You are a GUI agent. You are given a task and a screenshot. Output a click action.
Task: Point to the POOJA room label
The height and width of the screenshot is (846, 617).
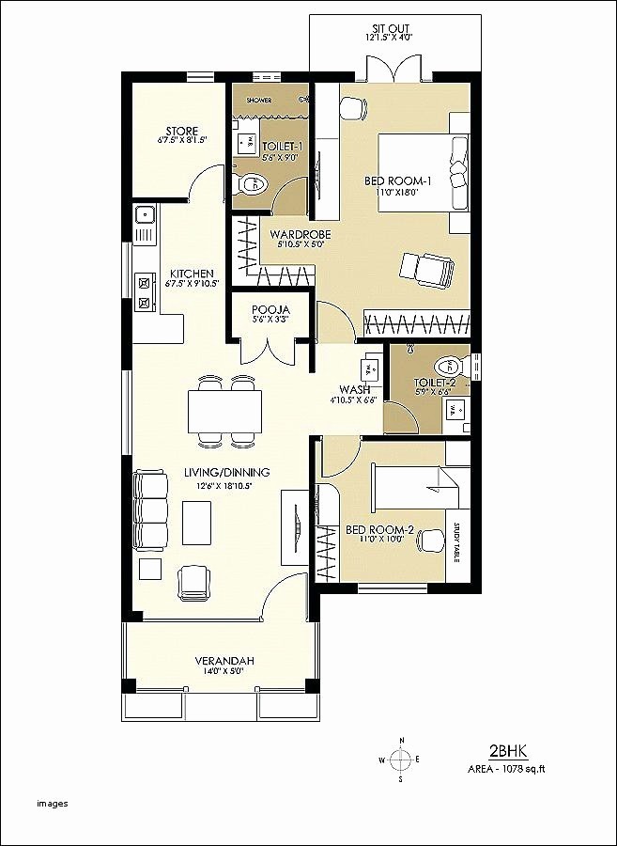pyautogui.click(x=270, y=309)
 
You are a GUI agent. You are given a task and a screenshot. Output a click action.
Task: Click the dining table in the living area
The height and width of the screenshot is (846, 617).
pyautogui.click(x=225, y=410)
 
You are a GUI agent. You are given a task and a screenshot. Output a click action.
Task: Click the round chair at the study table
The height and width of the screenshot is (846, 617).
pyautogui.click(x=432, y=540)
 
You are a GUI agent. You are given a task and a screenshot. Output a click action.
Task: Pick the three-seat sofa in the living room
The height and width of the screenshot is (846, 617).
pyautogui.click(x=149, y=510)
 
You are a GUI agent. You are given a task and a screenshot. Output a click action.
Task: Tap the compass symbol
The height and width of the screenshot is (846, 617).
pyautogui.click(x=401, y=759)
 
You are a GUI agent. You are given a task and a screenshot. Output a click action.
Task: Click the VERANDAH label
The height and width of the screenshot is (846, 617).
pyautogui.click(x=219, y=659)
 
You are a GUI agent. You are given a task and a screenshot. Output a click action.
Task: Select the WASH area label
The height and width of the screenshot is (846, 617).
pyautogui.click(x=353, y=388)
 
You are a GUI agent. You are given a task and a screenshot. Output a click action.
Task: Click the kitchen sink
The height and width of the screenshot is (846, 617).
pyautogui.click(x=145, y=215)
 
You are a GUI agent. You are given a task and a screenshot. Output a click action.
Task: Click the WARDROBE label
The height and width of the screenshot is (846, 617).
pyautogui.click(x=297, y=234)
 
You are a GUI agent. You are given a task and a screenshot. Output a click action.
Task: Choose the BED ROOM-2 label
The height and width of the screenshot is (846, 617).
pyautogui.click(x=376, y=529)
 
